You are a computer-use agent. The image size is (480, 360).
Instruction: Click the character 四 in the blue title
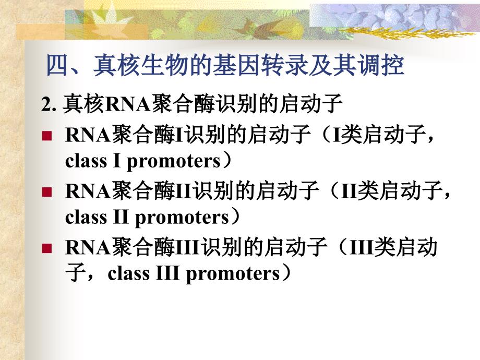(x=57, y=65)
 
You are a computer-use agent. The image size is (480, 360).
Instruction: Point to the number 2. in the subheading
(x=49, y=104)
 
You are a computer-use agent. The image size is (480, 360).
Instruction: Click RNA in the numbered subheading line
(x=127, y=104)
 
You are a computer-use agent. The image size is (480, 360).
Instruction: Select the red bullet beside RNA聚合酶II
(x=47, y=192)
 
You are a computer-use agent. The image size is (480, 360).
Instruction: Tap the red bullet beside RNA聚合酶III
(x=47, y=248)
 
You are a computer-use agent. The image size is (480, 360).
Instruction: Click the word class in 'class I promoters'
(x=86, y=161)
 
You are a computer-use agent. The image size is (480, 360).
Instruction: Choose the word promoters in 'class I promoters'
(x=174, y=162)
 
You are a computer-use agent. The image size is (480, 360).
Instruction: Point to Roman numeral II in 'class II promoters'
(x=121, y=217)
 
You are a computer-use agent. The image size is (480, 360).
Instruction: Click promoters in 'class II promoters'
(x=182, y=218)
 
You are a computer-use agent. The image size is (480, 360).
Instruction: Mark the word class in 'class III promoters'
(x=128, y=273)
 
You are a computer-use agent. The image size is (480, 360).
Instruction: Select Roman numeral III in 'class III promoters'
(x=167, y=273)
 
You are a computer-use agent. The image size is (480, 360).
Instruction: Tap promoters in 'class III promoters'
(x=233, y=274)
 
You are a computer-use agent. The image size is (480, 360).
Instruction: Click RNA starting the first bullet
(x=88, y=135)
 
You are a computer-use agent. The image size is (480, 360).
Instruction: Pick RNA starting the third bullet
(x=88, y=248)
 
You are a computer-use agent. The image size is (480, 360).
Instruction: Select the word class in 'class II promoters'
(x=86, y=217)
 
